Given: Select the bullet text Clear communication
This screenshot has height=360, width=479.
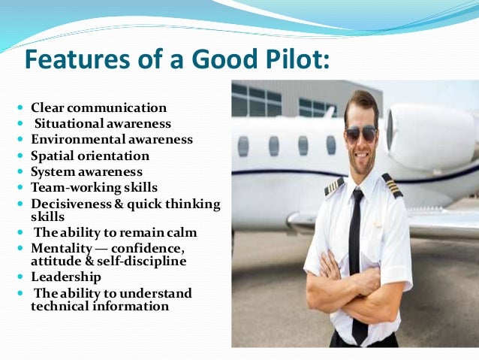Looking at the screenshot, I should point(98,107).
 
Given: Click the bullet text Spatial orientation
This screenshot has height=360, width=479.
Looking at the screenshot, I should point(90,156).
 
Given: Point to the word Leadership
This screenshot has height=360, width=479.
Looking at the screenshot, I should point(65,277).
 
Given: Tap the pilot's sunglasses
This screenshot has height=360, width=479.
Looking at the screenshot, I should point(362,135).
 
